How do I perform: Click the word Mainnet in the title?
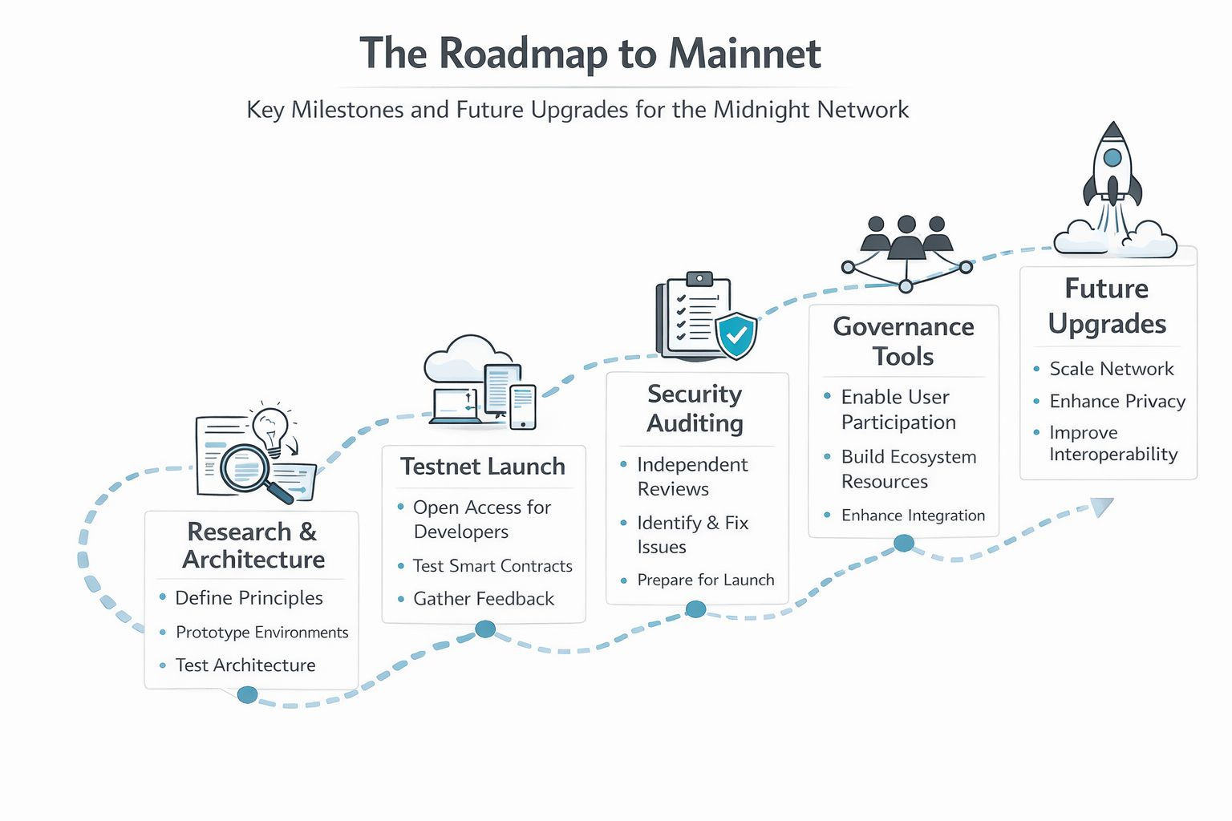(x=744, y=55)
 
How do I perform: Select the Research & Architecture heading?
(x=253, y=545)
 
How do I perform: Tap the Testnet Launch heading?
(x=483, y=467)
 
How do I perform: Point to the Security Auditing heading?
(x=695, y=408)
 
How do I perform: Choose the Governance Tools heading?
(x=903, y=341)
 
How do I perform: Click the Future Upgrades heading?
(x=1107, y=305)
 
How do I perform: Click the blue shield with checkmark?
(x=736, y=335)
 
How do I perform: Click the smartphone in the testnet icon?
(x=522, y=406)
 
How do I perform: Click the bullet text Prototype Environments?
(x=261, y=633)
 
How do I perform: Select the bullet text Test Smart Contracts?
(x=492, y=566)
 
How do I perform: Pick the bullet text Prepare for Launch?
(x=705, y=580)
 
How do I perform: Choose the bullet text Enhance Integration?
(x=913, y=516)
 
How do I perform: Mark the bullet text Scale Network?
(x=1111, y=369)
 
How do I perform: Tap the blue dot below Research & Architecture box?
(x=248, y=694)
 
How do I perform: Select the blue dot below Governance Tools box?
(x=904, y=544)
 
